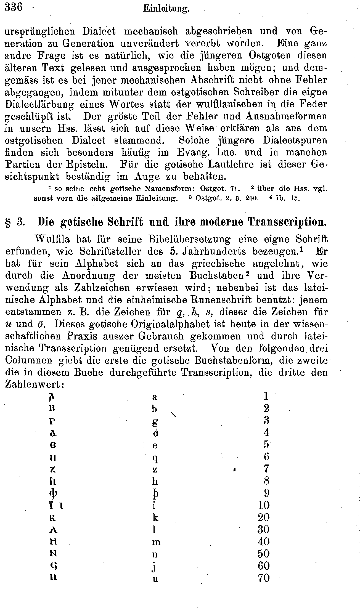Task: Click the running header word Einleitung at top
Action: tap(166, 9)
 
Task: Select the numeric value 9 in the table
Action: tap(266, 493)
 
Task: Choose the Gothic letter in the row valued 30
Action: tap(53, 530)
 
